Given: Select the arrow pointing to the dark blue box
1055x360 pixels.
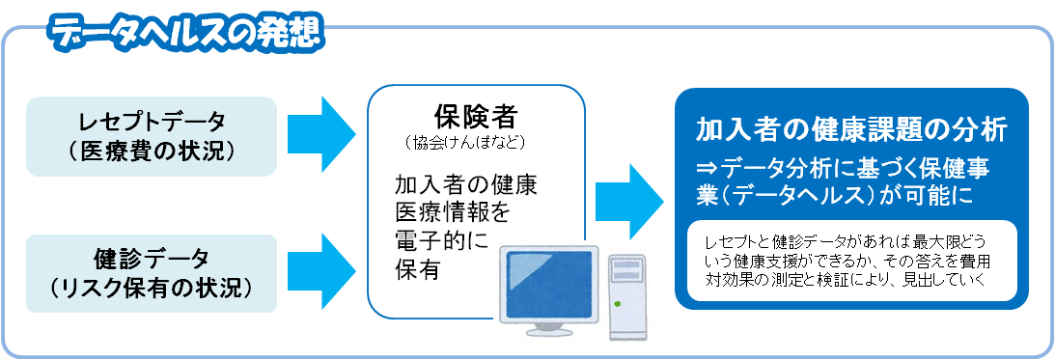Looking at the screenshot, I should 629,199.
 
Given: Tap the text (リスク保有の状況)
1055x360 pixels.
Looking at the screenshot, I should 153,287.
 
